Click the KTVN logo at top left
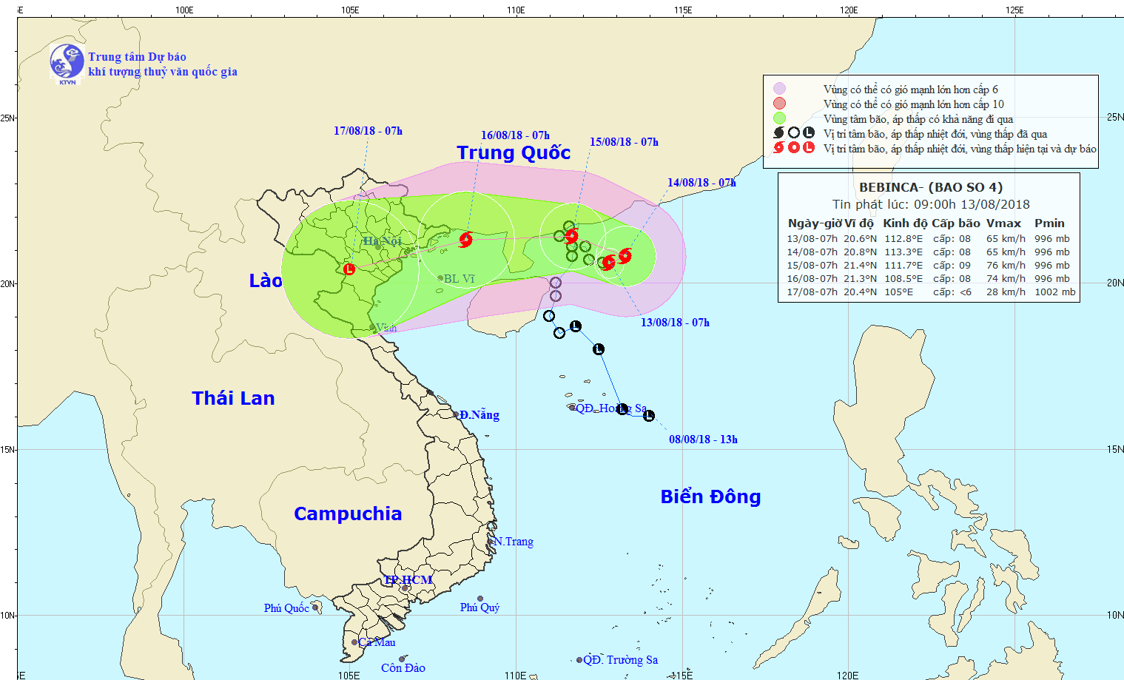click(67, 63)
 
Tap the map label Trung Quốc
click(514, 153)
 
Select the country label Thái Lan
click(233, 399)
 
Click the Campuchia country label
click(348, 514)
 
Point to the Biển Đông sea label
click(710, 497)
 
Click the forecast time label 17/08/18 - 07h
click(368, 131)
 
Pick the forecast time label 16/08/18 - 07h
click(515, 135)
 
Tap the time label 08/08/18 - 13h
click(703, 440)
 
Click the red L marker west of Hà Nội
click(349, 269)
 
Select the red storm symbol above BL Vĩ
click(465, 239)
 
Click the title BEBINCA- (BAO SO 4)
click(930, 188)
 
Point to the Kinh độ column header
click(904, 223)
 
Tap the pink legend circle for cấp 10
click(779, 104)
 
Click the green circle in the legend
click(779, 118)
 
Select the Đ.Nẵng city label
click(479, 415)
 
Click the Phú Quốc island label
click(286, 608)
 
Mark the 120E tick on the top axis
click(849, 10)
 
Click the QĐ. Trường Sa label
click(620, 660)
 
